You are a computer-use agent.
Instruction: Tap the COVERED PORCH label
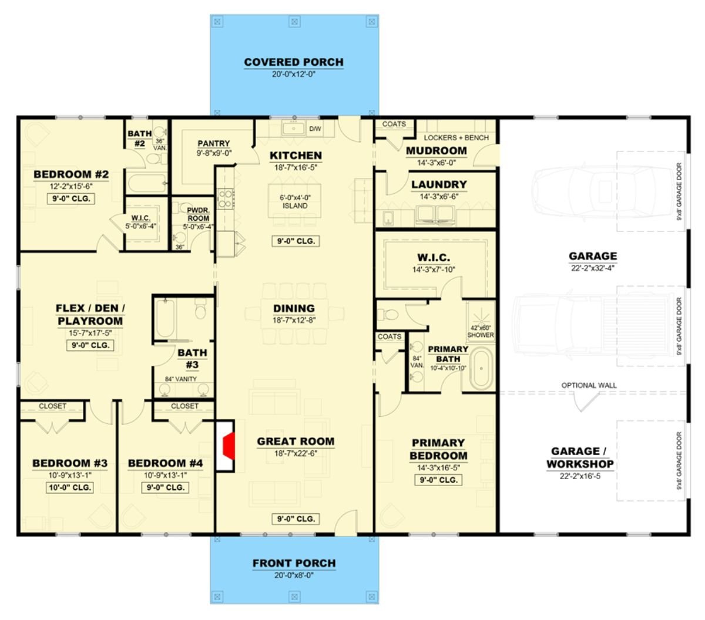pyautogui.click(x=294, y=62)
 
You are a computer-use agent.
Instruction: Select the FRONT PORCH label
pyautogui.click(x=294, y=564)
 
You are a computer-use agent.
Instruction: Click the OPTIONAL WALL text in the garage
pyautogui.click(x=589, y=386)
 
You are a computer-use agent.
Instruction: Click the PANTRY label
pyautogui.click(x=214, y=144)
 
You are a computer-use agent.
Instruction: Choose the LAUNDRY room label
pyautogui.click(x=439, y=184)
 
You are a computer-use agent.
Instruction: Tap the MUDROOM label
pyautogui.click(x=437, y=151)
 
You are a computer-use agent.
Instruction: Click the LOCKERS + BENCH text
pyautogui.click(x=456, y=137)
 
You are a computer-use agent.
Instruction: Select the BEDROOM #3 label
pyautogui.click(x=70, y=463)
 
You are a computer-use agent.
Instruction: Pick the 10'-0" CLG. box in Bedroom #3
pyautogui.click(x=70, y=487)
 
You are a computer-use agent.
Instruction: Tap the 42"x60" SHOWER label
pyautogui.click(x=481, y=332)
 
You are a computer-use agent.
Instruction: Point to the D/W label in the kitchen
pyautogui.click(x=315, y=129)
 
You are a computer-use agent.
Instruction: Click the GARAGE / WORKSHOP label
pyautogui.click(x=580, y=458)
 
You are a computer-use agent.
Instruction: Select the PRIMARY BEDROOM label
pyautogui.click(x=438, y=449)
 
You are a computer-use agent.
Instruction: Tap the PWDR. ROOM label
pyautogui.click(x=198, y=214)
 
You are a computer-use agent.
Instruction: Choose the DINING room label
pyautogui.click(x=294, y=308)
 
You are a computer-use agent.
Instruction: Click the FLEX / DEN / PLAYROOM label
pyautogui.click(x=90, y=315)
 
